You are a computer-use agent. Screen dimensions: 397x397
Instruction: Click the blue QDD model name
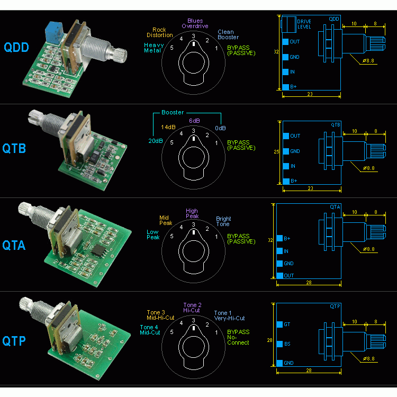point(18,47)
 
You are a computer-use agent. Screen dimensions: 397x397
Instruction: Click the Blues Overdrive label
point(195,23)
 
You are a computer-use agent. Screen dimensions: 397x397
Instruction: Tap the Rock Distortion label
point(159,32)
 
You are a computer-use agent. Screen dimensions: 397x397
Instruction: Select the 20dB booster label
point(156,140)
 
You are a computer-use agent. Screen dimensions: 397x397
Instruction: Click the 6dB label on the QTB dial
point(194,120)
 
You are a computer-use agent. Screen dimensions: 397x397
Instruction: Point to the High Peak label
point(192,214)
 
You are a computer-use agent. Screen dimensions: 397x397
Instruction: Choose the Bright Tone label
point(223,221)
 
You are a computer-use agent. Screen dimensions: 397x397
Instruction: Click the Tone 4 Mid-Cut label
point(150,330)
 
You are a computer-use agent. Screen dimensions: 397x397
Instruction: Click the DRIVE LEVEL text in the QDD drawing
point(304,24)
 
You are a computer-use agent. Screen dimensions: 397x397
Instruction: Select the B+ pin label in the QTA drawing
point(287,239)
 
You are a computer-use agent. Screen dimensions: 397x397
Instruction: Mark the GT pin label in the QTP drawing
point(287,324)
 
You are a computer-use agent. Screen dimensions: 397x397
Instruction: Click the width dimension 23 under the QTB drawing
point(310,188)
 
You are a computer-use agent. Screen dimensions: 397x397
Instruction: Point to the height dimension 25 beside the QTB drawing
point(276,152)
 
